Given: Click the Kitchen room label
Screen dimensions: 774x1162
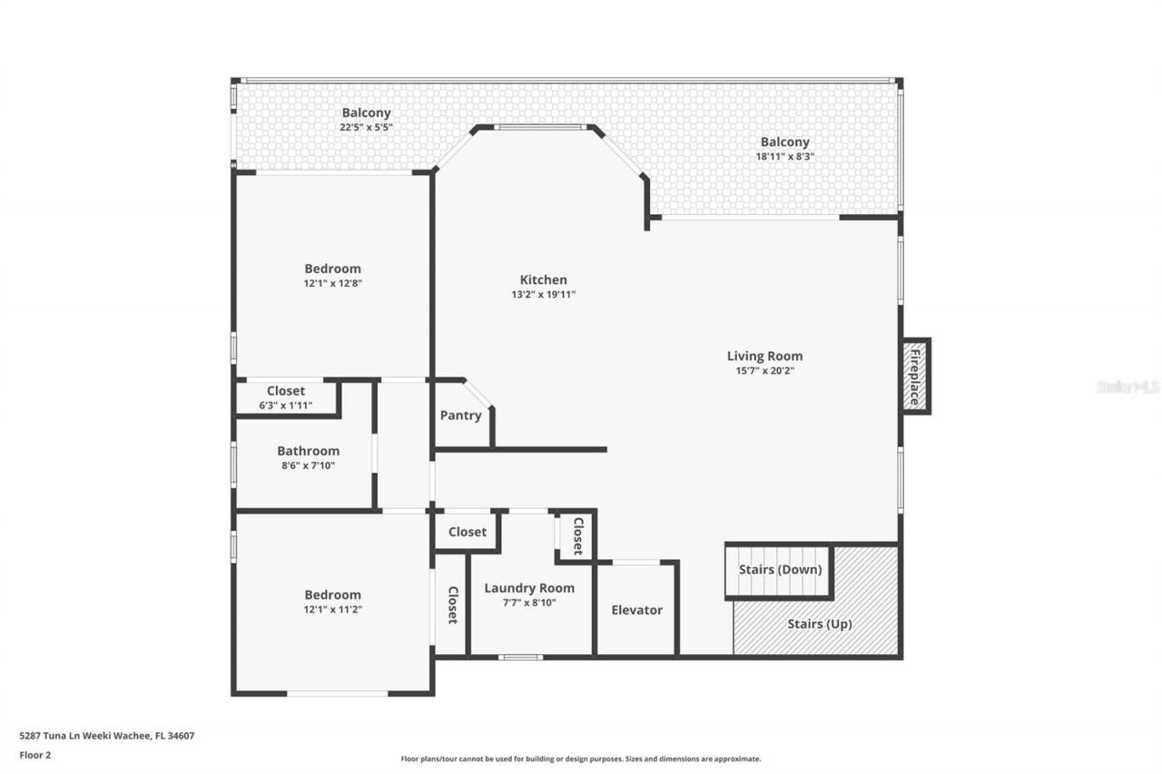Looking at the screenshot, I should point(543,279).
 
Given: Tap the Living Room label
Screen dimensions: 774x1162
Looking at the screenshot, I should point(764,356).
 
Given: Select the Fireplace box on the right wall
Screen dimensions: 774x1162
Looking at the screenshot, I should point(915,376).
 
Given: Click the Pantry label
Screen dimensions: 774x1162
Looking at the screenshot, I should point(460,416).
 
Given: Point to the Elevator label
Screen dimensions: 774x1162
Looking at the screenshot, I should point(636,610).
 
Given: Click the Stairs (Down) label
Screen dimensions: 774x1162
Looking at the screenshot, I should point(779,570).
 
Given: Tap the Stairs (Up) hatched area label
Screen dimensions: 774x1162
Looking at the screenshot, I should point(819,624).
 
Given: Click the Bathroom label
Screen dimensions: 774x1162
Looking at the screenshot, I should point(308,451).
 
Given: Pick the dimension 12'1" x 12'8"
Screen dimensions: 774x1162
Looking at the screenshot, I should point(332,283).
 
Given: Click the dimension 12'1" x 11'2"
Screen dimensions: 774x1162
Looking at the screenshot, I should point(332,610).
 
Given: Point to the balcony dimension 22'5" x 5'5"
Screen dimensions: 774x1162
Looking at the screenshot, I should point(366,127).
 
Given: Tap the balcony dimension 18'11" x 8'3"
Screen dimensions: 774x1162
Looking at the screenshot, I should point(784,156).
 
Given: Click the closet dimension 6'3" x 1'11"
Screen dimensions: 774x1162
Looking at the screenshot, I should point(285,406).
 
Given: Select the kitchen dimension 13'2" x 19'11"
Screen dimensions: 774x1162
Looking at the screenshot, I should point(543,294).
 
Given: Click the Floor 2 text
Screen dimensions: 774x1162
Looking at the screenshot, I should point(35,754).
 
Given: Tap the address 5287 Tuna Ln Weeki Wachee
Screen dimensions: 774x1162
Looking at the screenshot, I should point(106,736).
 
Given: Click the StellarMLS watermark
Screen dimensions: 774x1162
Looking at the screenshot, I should point(1128,387).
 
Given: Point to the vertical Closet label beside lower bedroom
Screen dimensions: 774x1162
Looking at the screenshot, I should point(451,604).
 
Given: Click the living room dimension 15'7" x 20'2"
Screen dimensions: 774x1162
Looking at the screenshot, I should point(764,370).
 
